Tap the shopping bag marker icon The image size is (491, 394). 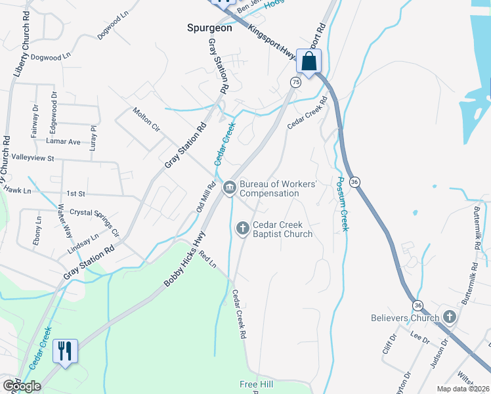coord(308,62)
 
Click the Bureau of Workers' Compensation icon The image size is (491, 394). coord(230,188)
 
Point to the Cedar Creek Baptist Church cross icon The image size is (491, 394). coord(242,228)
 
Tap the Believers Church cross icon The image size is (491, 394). coord(449,318)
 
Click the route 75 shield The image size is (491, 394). coord(296,82)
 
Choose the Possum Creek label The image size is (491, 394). coord(341,204)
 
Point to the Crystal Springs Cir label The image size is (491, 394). coord(95,222)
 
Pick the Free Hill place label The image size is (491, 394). coord(256,384)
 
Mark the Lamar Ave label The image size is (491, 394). coord(63,141)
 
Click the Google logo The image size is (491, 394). coord(22,386)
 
